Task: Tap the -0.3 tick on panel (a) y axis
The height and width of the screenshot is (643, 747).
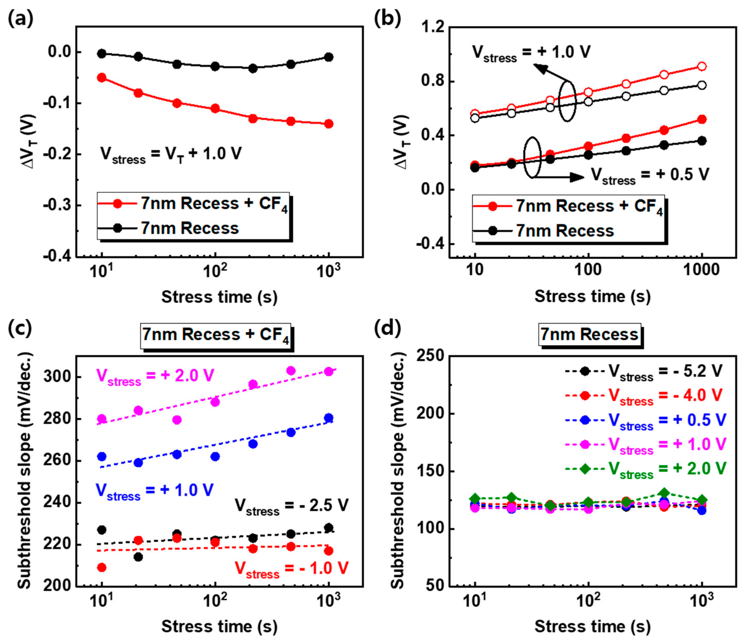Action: [58, 205]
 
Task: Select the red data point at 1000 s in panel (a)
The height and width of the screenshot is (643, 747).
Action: [329, 124]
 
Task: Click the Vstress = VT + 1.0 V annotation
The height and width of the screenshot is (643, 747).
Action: [171, 154]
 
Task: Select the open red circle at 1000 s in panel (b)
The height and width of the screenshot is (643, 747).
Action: [702, 66]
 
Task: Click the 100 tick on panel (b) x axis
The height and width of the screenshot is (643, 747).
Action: [588, 270]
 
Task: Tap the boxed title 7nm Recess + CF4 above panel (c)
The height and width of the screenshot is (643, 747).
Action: [216, 335]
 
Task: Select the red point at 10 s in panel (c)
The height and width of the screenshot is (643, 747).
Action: [102, 568]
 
